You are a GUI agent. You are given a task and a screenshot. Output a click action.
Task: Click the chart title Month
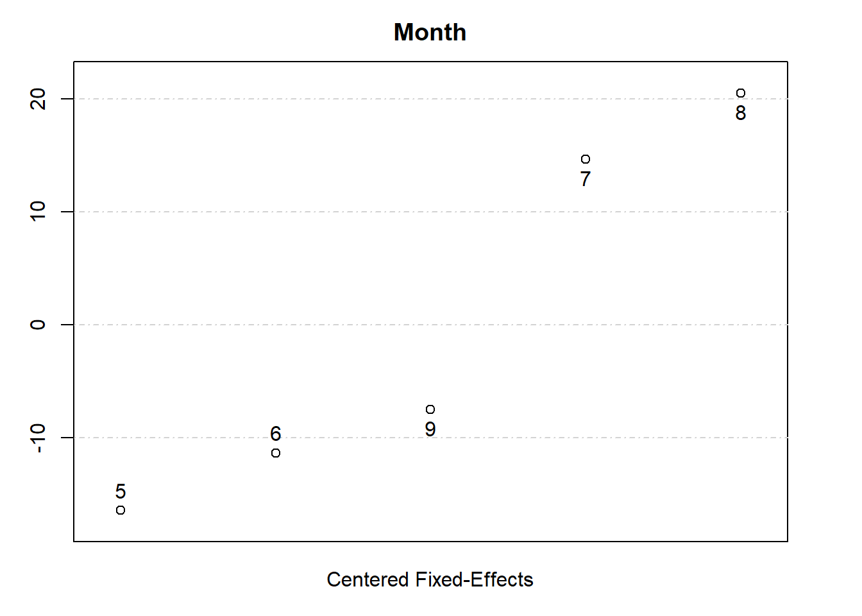(430, 32)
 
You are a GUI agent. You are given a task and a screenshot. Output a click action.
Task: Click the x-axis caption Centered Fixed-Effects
(430, 579)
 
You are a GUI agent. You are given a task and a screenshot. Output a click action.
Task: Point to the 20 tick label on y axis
(38, 99)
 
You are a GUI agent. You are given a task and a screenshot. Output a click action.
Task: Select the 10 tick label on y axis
(38, 212)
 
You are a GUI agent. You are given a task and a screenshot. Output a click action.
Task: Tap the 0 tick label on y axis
(38, 325)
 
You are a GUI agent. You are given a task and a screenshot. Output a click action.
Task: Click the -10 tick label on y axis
(38, 438)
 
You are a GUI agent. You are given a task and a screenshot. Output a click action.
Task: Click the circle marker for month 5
(121, 510)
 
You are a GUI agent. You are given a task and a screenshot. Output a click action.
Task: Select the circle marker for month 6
(276, 453)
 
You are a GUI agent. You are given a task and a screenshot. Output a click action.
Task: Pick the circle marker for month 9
(430, 409)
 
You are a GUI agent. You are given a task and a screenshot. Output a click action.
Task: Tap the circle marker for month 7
(586, 159)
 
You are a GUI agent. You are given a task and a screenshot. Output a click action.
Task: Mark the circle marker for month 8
(741, 93)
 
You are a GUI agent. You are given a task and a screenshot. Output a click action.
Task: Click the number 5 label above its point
(121, 492)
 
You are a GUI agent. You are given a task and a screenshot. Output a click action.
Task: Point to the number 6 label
(276, 434)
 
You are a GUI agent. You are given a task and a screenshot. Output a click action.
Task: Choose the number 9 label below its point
(430, 429)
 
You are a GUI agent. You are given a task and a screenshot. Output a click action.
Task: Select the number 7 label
(586, 179)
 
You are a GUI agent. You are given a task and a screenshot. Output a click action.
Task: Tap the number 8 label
(741, 113)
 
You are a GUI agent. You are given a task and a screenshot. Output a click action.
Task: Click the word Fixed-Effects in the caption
(474, 579)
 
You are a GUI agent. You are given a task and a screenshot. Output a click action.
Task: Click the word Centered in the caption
(368, 579)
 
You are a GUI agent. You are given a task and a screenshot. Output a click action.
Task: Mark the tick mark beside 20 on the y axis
(67, 99)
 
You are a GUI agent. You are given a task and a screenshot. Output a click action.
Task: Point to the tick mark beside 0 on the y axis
(67, 325)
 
